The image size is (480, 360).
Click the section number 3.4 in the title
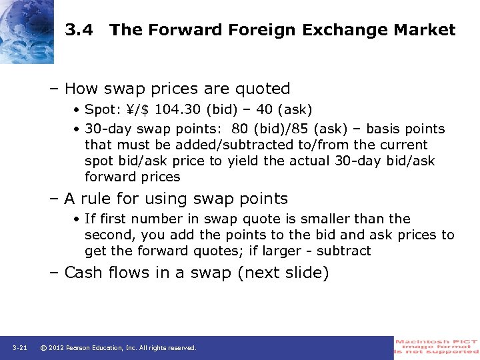point(79,30)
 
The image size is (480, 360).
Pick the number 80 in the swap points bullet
point(239,129)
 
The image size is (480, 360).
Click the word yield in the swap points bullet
point(245,161)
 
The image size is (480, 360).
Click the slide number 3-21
point(19,348)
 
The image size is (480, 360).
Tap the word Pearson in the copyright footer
point(83,348)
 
